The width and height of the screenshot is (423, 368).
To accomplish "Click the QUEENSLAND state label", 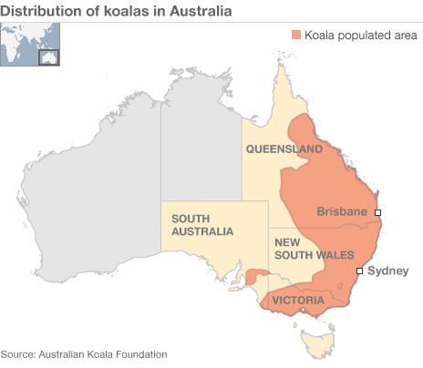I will tap(283, 148).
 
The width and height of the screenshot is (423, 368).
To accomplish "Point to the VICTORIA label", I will tap(297, 299).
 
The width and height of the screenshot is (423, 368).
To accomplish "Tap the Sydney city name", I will tap(388, 271).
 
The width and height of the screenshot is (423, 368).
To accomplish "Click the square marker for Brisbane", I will tap(377, 212).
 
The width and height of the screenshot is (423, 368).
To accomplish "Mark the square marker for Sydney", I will tap(359, 271).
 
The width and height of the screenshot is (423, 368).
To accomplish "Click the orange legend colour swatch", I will tap(296, 35).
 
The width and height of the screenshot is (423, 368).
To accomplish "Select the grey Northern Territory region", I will tap(201, 146).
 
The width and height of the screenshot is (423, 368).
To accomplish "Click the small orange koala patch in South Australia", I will tap(257, 275).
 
